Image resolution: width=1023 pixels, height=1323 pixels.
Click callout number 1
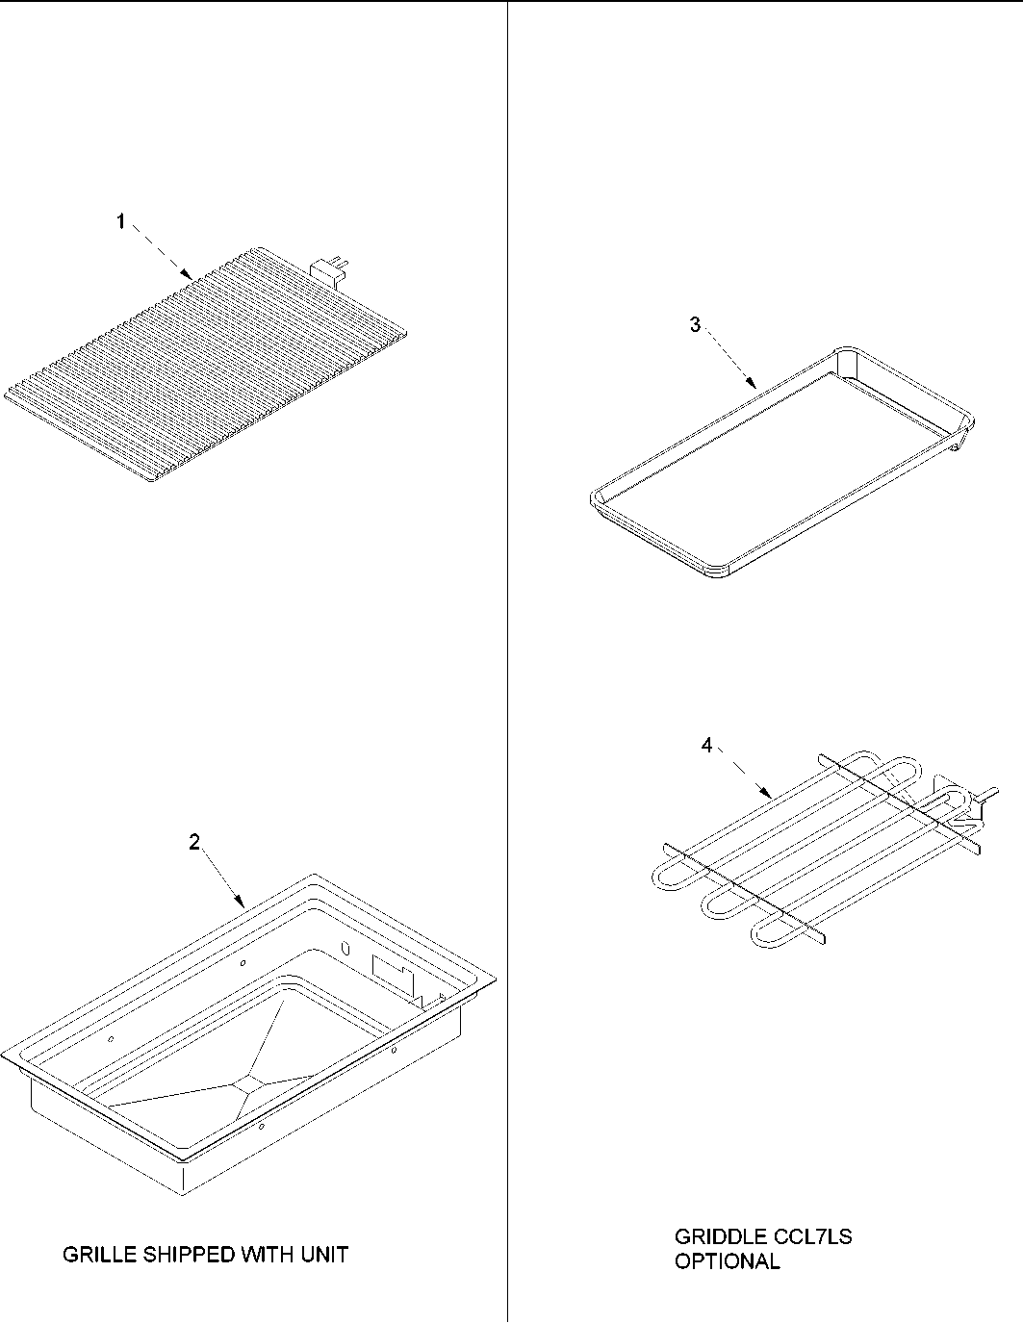[x=120, y=222]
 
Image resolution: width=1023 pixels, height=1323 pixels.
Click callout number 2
[x=194, y=842]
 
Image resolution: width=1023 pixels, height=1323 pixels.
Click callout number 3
[x=695, y=324]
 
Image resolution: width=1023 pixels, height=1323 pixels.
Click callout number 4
[x=706, y=746]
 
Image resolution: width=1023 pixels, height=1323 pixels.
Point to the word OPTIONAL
[x=727, y=1261]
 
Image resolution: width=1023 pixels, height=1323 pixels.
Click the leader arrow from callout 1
[x=164, y=254]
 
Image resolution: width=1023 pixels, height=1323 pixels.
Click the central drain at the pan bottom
[x=245, y=1083]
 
